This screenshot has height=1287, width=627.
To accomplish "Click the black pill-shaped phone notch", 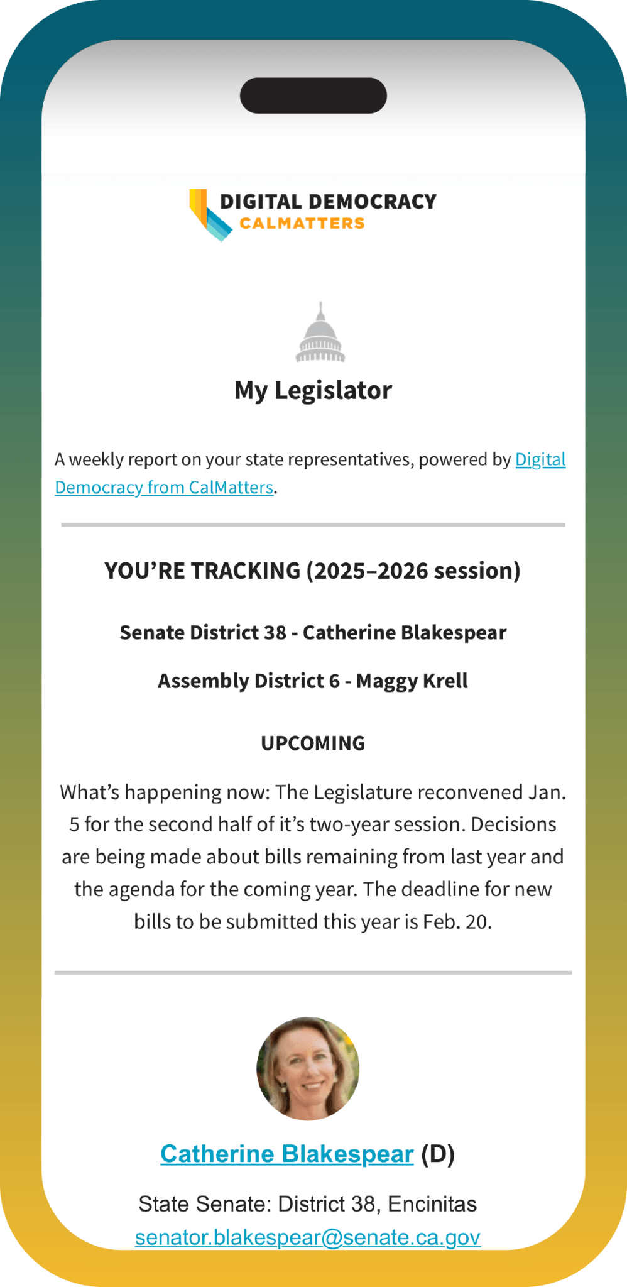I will [x=313, y=96].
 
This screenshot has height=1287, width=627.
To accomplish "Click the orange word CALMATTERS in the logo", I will [x=302, y=224].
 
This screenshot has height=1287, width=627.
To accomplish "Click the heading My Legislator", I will [x=313, y=390].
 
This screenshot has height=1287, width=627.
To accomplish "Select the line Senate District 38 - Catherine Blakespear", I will [x=313, y=632].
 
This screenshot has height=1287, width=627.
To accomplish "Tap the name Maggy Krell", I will [x=412, y=681].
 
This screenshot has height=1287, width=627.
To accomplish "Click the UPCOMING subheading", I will [x=313, y=743].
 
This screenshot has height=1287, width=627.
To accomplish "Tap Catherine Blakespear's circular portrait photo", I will [x=308, y=1068].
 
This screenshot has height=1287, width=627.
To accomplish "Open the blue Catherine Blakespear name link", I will [x=286, y=1154].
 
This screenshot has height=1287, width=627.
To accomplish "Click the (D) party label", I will [x=438, y=1154].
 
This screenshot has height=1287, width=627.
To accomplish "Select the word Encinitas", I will [x=432, y=1204].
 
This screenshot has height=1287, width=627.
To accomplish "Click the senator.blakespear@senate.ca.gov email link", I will [x=308, y=1237].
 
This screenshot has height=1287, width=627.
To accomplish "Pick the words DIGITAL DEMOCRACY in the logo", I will [x=328, y=202].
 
